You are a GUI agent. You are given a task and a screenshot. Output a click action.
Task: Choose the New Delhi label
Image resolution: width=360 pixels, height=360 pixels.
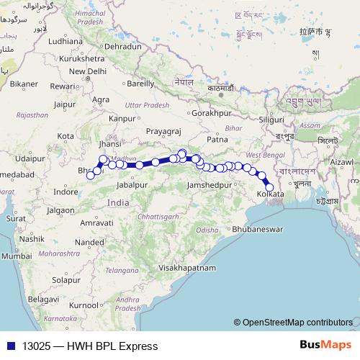point(88,71)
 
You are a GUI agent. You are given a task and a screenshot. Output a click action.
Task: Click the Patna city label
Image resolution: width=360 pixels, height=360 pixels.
point(217,138)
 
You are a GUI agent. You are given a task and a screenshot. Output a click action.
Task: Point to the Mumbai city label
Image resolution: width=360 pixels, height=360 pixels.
point(16,256)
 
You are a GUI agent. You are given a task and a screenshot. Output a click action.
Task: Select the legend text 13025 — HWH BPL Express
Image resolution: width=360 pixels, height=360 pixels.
point(89,346)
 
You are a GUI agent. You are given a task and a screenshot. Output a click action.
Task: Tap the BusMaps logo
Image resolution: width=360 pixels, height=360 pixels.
point(325,345)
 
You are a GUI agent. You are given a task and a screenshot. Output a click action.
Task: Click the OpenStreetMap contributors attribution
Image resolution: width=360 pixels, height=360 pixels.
point(297,323)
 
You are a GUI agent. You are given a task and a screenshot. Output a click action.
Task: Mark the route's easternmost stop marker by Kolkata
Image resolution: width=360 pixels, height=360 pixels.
point(270,188)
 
